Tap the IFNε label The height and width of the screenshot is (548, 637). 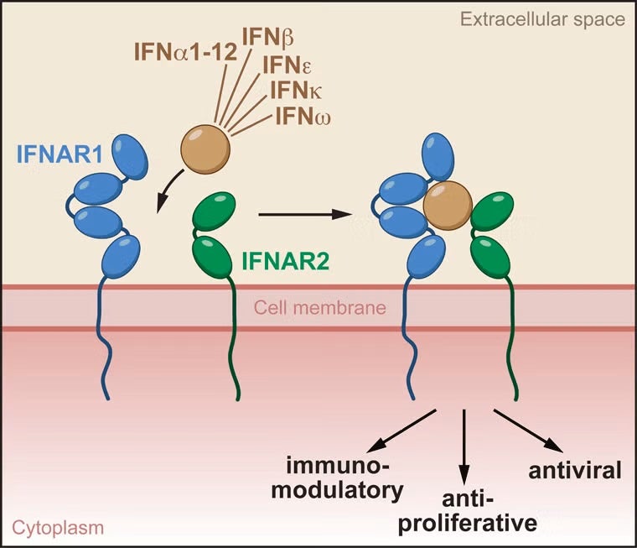pyautogui.click(x=290, y=64)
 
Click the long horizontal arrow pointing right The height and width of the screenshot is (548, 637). pyautogui.click(x=303, y=215)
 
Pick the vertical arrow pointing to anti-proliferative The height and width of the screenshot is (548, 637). pyautogui.click(x=465, y=445)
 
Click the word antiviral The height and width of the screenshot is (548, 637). pyautogui.click(x=574, y=469)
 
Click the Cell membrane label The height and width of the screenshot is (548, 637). pyautogui.click(x=320, y=308)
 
